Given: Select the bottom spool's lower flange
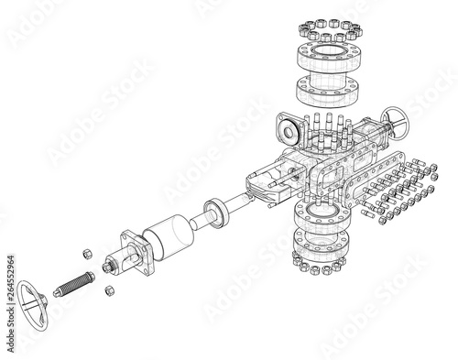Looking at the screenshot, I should pos(319,243).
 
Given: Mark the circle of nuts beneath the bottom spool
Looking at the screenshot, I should pos(319,267).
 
